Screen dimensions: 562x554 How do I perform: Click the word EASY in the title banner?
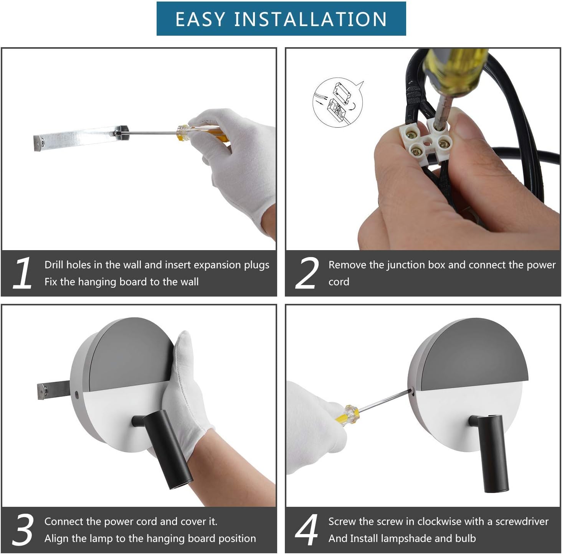pos(200,19)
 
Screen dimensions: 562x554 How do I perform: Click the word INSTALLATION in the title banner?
pos(311,19)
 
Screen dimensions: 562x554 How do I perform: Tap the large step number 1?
pos(23,273)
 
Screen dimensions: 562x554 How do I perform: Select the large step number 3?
pos(23,529)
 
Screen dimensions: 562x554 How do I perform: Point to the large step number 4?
pos(306,529)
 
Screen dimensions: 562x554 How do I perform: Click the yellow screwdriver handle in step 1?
pos(201,133)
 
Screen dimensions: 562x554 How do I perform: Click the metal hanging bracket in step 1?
pos(81,138)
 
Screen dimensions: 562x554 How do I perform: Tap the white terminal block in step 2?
pos(426,139)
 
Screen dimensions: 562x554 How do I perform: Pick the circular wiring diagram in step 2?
pos(338,102)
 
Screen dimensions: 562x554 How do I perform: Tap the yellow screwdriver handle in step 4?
pos(348,414)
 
